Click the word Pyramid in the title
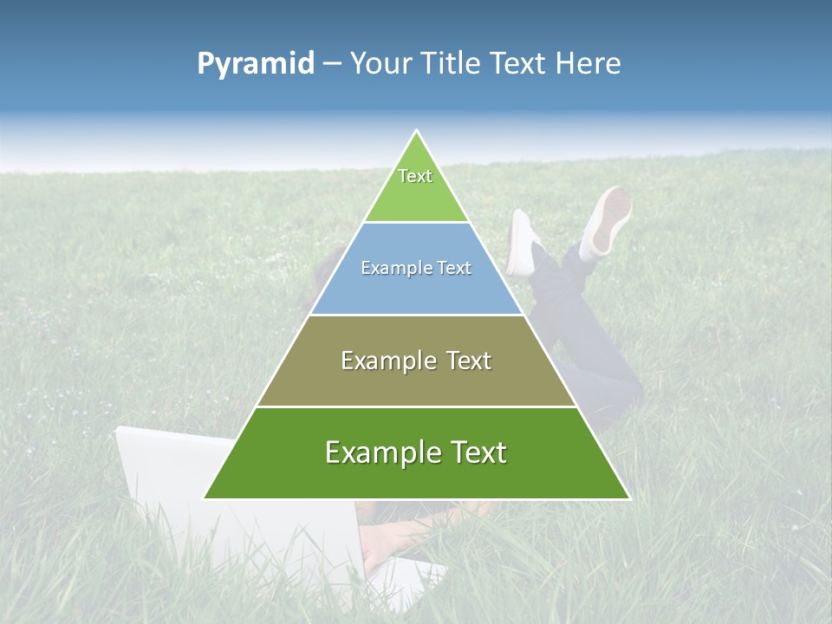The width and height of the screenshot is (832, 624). (x=256, y=64)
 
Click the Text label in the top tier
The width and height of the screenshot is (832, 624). (x=415, y=176)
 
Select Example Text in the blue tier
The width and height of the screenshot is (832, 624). (x=416, y=268)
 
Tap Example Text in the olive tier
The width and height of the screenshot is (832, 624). (x=416, y=361)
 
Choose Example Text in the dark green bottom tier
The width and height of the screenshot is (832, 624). (x=416, y=452)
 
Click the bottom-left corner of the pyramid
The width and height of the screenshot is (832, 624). (x=205, y=498)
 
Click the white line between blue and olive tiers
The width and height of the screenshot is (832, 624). (x=416, y=315)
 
